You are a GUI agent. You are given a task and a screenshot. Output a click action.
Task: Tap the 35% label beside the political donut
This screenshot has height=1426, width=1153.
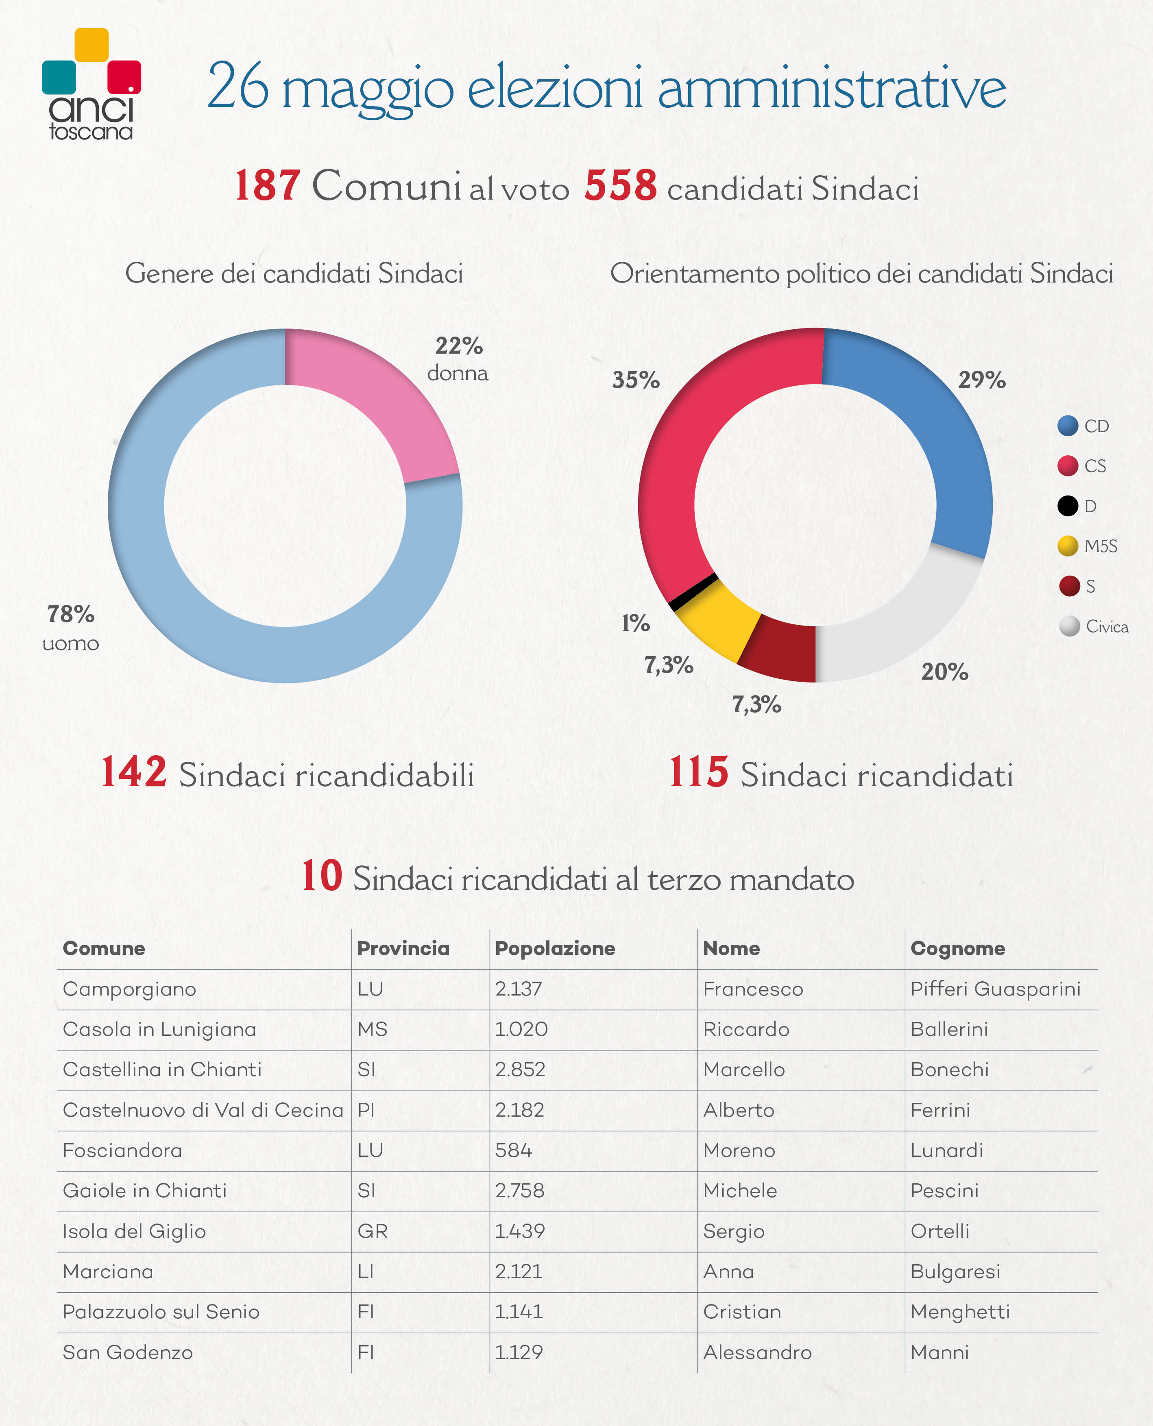coord(636,380)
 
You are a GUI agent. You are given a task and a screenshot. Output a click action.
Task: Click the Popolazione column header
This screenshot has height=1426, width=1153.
coord(555,948)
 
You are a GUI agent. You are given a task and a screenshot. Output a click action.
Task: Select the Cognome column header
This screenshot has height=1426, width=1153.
coord(958,948)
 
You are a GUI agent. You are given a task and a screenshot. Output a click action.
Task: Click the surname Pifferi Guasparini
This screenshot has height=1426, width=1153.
coord(996,989)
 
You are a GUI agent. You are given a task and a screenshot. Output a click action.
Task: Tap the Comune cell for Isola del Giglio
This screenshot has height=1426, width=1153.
coord(134,1231)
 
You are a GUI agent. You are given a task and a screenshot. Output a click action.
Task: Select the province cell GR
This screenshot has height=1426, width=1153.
coord(372,1231)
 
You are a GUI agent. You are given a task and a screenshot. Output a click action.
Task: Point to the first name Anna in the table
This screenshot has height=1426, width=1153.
coord(728,1271)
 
